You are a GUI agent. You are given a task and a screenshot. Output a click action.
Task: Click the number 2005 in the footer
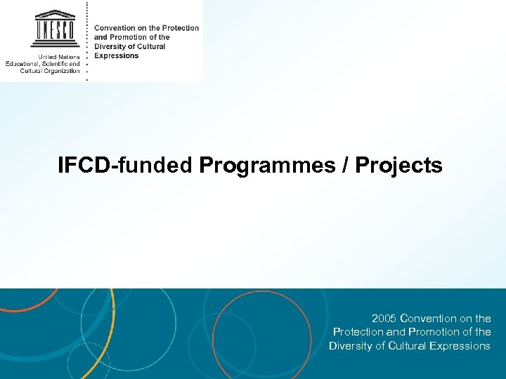point(384,319)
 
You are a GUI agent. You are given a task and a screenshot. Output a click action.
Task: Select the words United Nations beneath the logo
point(59,57)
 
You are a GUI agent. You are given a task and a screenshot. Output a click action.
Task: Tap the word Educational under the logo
point(25,64)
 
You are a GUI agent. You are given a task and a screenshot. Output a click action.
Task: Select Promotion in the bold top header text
point(126,37)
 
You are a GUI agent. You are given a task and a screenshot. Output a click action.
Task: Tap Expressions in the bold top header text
point(117,55)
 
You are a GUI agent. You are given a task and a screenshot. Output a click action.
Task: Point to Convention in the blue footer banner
point(436,319)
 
